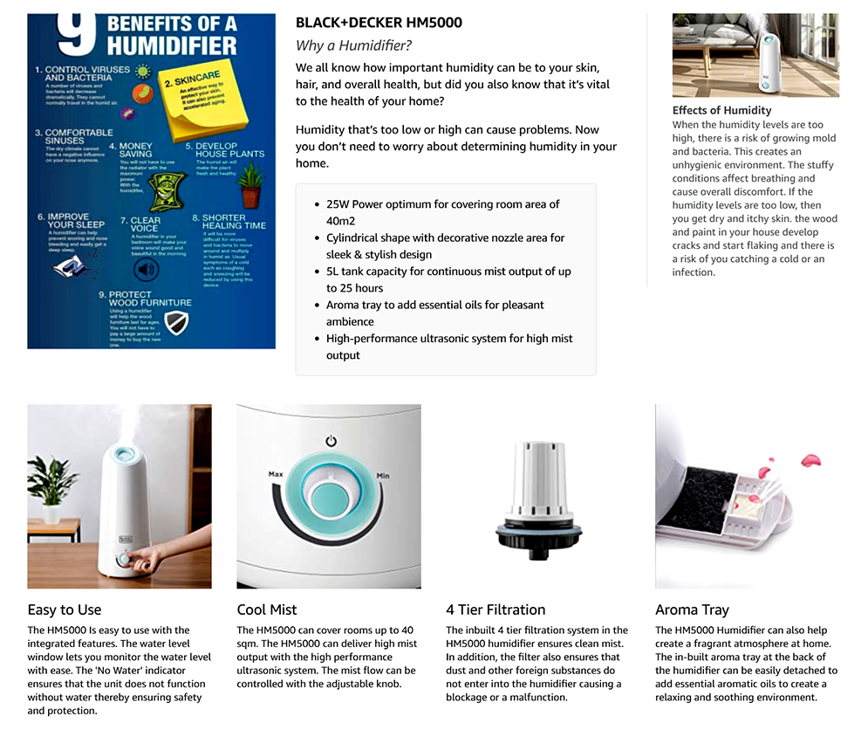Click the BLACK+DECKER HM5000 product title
(379, 23)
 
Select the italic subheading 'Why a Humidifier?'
(353, 45)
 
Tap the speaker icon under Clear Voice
(145, 270)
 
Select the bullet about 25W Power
(442, 212)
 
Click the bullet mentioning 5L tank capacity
(448, 279)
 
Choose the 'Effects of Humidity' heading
(721, 110)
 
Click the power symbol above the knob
(331, 441)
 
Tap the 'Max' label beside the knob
(276, 474)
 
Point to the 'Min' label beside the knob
(382, 476)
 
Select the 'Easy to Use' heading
(65, 610)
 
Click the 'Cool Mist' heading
(267, 610)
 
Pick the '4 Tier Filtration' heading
(496, 610)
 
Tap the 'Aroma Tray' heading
(692, 610)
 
